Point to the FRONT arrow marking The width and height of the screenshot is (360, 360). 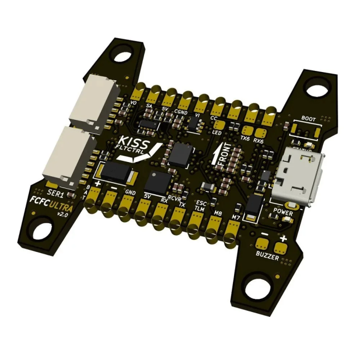click(223, 154)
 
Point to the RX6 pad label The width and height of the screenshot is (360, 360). click(258, 141)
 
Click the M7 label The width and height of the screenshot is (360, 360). click(236, 218)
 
